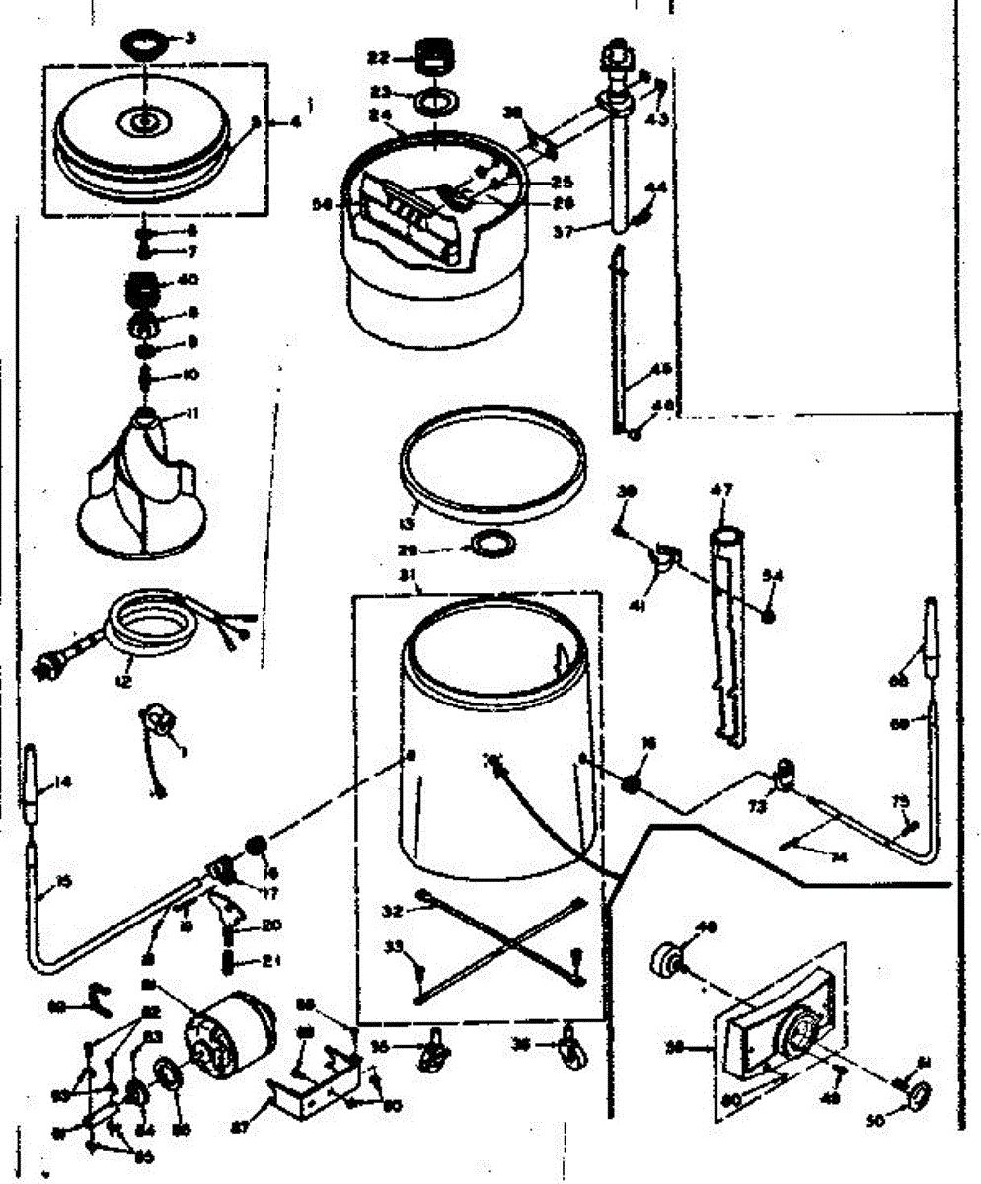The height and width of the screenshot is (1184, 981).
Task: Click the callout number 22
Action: (x=378, y=58)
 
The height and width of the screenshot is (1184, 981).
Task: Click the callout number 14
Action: (x=62, y=783)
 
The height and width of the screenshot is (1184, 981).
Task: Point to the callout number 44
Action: (x=656, y=187)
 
